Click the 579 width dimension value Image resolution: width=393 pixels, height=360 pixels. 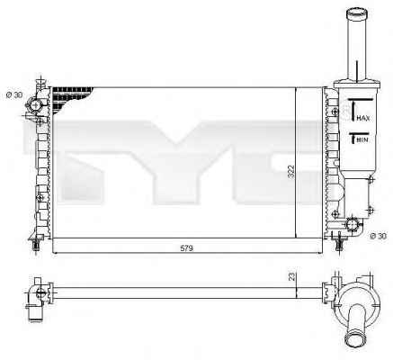(x=186, y=248)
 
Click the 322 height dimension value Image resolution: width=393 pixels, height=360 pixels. (x=291, y=172)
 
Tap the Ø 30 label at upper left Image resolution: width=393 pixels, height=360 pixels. (x=14, y=95)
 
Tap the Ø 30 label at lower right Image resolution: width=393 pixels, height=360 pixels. (x=379, y=236)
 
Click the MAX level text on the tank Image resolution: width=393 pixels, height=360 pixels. (x=363, y=118)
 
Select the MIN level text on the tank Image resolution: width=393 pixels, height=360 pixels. (x=363, y=139)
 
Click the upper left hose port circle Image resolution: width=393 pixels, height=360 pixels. (x=36, y=105)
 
